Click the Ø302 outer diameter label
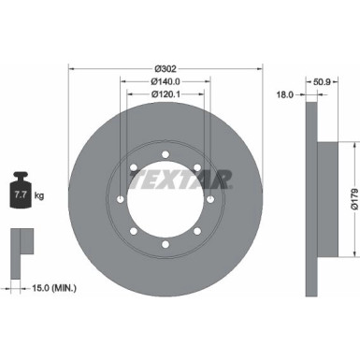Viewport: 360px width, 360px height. [x=166, y=67]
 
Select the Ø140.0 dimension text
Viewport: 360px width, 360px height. [x=166, y=81]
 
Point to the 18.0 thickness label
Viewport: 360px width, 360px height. [x=286, y=94]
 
